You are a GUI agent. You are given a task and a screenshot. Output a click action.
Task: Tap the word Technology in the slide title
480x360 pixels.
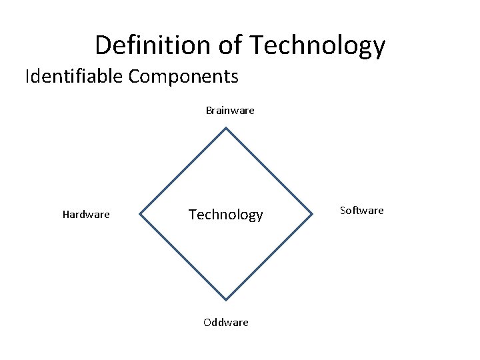point(317,45)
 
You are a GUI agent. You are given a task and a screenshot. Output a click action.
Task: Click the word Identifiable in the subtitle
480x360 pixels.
point(74,77)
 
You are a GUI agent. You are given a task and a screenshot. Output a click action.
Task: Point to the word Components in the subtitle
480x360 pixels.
point(183,77)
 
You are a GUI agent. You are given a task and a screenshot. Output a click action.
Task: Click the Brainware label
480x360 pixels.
point(230,110)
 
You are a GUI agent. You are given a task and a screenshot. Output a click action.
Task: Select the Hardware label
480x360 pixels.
point(86,215)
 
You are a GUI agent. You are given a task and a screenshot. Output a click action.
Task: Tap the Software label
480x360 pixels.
point(362,211)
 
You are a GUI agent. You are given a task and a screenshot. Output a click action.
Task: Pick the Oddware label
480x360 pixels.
point(226,323)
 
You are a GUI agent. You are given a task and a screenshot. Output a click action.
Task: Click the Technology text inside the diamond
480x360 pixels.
point(226,215)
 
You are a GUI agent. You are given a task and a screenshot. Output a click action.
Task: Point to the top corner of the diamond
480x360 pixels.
point(227,128)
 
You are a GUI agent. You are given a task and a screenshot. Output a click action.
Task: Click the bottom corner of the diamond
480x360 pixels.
point(227,300)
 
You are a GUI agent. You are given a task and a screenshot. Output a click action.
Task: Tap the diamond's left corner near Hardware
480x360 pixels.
point(139,215)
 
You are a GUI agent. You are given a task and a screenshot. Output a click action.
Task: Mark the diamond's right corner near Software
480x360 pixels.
point(313,215)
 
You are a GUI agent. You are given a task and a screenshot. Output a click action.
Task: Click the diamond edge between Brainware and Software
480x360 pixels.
point(270,171)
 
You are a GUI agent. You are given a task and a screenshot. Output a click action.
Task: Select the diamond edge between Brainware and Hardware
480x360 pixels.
point(183,171)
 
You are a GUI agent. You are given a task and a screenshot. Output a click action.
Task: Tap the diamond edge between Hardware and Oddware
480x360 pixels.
point(183,257)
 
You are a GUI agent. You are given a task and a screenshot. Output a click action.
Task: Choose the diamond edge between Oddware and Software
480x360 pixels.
point(270,257)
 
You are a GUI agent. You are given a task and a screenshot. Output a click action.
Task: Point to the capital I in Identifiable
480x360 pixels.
point(27,77)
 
